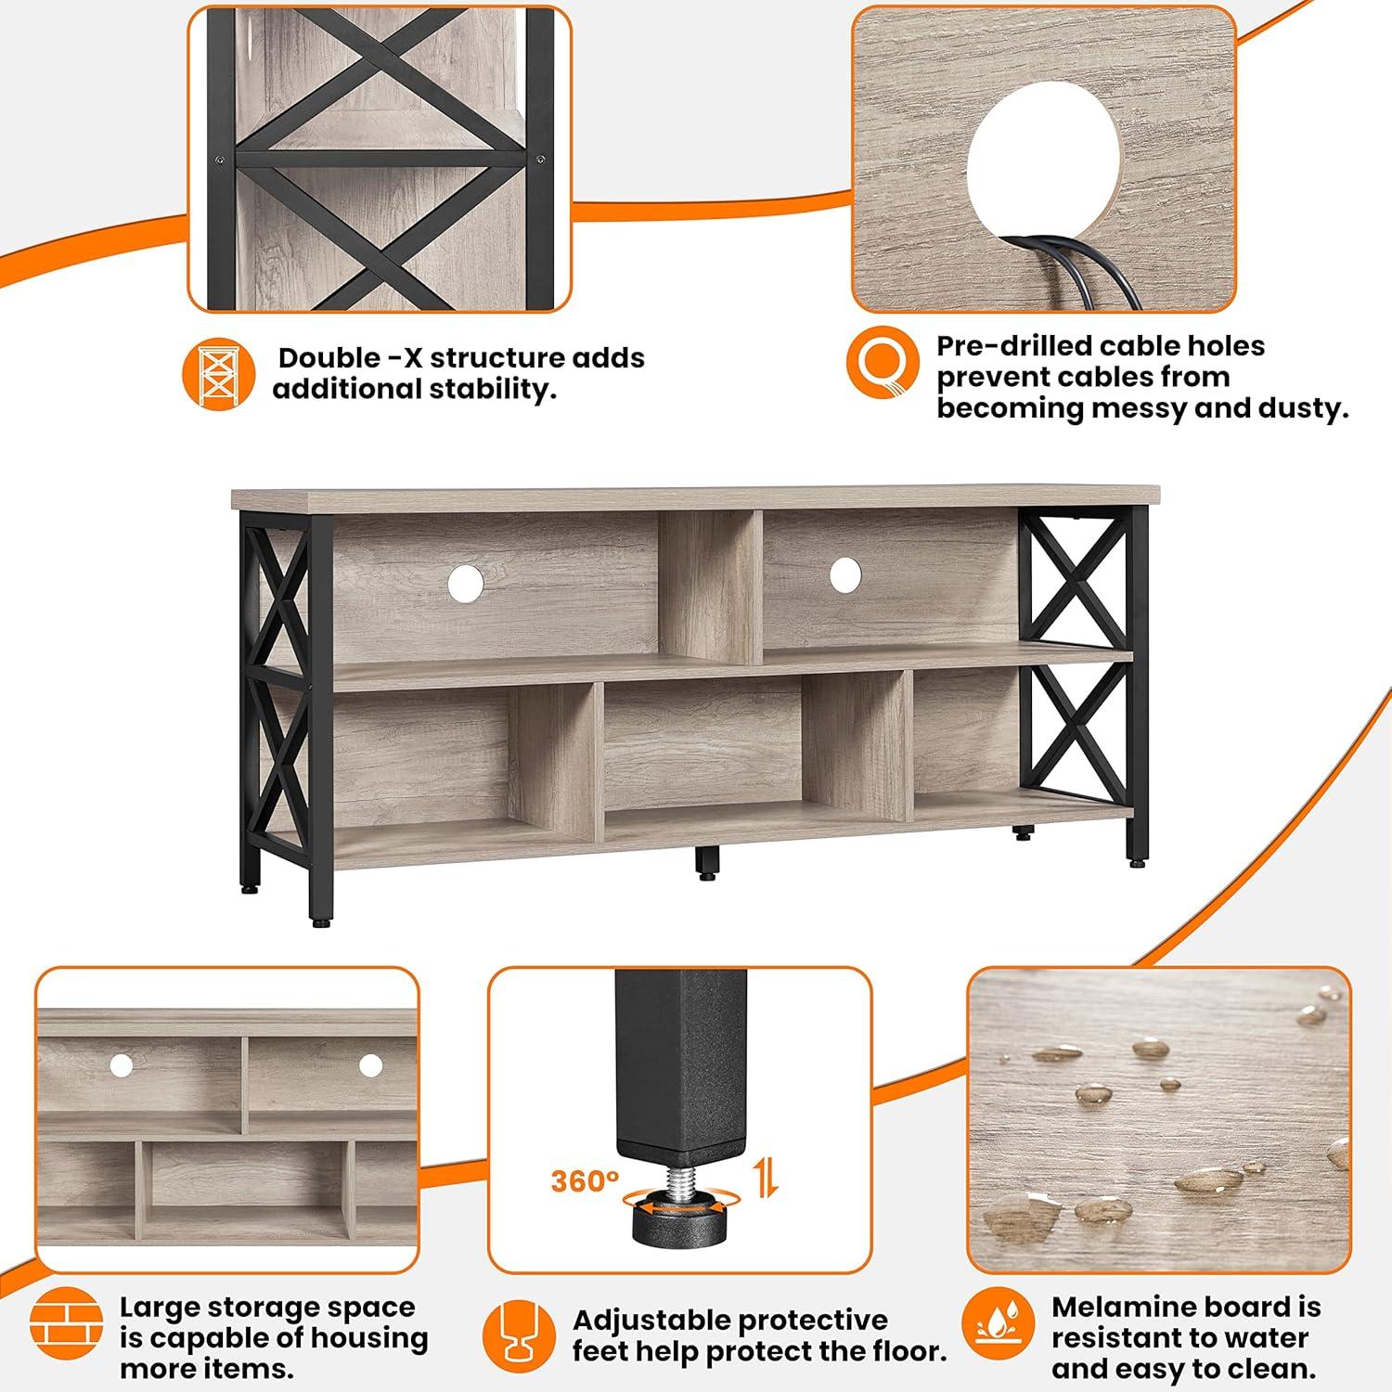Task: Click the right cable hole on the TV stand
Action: coord(844,574)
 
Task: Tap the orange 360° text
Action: coord(585,1181)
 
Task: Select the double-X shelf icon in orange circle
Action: coord(219,373)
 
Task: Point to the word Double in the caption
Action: coord(329,358)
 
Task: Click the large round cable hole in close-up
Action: coord(1044,172)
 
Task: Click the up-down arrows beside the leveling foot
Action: coord(766,1178)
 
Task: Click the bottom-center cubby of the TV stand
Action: coord(702,756)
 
